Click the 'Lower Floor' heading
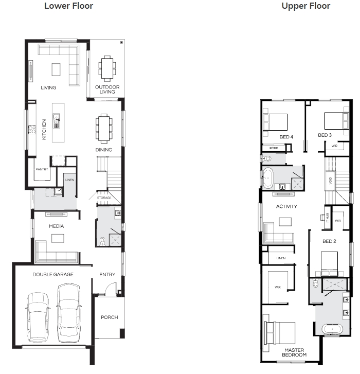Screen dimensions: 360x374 pyautogui.click(x=69, y=6)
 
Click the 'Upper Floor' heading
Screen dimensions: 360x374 pyautogui.click(x=306, y=6)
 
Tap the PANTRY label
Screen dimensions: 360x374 pyautogui.click(x=42, y=169)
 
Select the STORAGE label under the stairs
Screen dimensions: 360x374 pyautogui.click(x=104, y=198)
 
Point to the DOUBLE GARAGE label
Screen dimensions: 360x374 pyautogui.click(x=53, y=275)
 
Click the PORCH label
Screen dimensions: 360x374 pyautogui.click(x=110, y=317)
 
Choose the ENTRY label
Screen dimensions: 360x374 pyautogui.click(x=107, y=275)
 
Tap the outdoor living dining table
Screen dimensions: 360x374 pyautogui.click(x=107, y=68)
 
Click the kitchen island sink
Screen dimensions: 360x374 pyautogui.click(x=57, y=120)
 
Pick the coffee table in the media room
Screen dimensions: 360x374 pyautogui.click(x=58, y=238)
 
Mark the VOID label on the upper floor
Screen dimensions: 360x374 pyautogui.click(x=331, y=181)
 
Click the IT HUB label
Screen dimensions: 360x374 pyautogui.click(x=328, y=218)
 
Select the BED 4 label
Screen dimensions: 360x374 pyautogui.click(x=286, y=137)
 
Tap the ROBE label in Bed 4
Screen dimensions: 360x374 pyautogui.click(x=274, y=148)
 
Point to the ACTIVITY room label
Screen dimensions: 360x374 pyautogui.click(x=286, y=206)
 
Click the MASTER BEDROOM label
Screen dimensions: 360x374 pyautogui.click(x=294, y=352)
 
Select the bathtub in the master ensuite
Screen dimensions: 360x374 pyautogui.click(x=332, y=329)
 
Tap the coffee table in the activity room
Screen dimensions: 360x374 pyautogui.click(x=285, y=222)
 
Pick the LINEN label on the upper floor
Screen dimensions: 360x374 pyautogui.click(x=281, y=258)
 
